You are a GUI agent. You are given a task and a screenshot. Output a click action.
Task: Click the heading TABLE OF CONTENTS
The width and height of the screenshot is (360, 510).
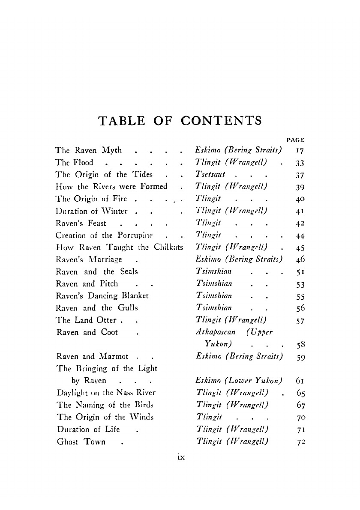click(x=180, y=121)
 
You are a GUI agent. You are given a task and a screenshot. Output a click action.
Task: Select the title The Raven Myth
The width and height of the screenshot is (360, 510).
click(x=89, y=150)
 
